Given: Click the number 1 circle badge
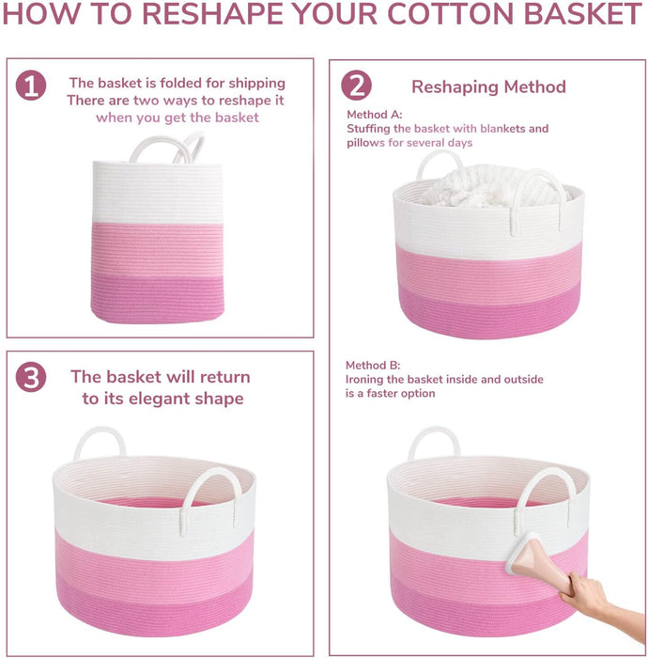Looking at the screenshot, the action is pos(31,86).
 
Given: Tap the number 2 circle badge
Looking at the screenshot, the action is pos(356,86).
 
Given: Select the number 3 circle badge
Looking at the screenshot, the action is pos(31,377).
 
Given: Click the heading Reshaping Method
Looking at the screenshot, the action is pos(488,86).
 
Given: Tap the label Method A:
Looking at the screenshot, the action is pos(375,115).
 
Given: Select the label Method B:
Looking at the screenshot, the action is pos(373,365).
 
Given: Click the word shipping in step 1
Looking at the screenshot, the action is pos(257,84).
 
